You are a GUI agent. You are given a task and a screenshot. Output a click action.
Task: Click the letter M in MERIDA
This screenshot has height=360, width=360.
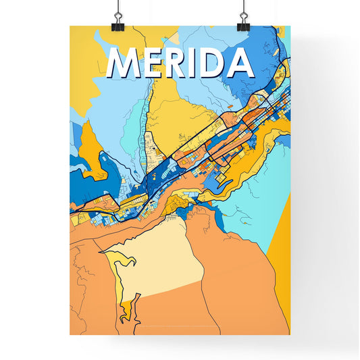pyautogui.click(x=124, y=63)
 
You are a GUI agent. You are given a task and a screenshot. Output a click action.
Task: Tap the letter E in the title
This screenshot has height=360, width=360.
pyautogui.click(x=154, y=63)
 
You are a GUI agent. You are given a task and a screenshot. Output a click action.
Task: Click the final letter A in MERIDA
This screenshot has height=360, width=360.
pyautogui.click(x=240, y=63)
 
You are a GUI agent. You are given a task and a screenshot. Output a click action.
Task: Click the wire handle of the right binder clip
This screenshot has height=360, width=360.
pyautogui.click(x=243, y=10)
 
